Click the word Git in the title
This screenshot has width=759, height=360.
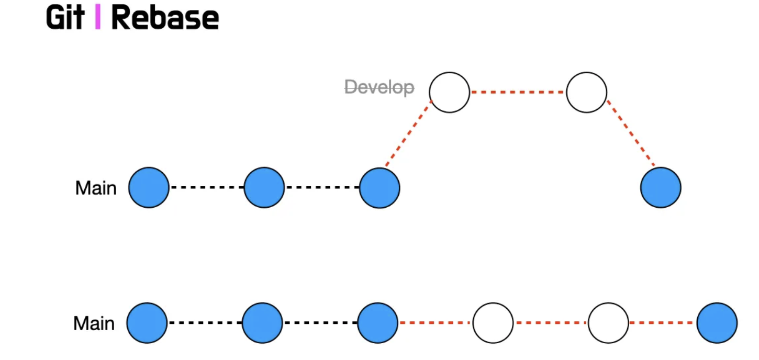[65, 18]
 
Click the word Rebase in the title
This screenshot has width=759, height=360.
[165, 18]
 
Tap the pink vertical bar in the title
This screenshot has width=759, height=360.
[98, 17]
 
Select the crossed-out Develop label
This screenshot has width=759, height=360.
[379, 87]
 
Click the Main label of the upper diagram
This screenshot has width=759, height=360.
[96, 188]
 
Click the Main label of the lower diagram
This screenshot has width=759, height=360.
[94, 323]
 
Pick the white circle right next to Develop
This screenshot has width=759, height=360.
[449, 92]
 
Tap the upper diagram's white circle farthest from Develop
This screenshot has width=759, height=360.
[587, 92]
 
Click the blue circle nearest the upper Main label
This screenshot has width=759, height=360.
[149, 187]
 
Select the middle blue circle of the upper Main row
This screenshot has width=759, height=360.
[264, 187]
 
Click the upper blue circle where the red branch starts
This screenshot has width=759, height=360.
[379, 188]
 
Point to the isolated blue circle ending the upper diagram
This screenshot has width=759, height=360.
[661, 187]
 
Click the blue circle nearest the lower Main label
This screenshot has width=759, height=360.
[147, 323]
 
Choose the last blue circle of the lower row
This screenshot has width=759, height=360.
[717, 323]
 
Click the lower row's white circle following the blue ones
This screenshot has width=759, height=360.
[493, 323]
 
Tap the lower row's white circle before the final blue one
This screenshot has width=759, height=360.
[608, 323]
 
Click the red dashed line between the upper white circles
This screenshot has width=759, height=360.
[518, 92]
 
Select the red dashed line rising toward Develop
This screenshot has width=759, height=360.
[408, 133]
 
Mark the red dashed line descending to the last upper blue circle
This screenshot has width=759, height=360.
[631, 133]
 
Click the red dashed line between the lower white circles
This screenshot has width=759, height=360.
[551, 323]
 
